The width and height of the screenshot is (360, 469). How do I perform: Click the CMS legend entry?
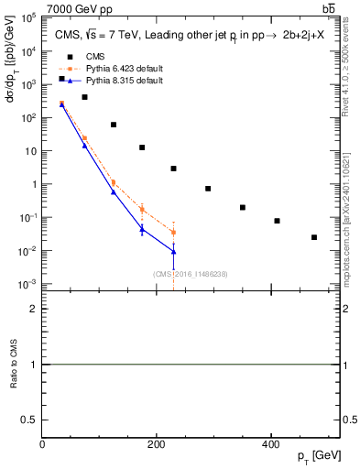tap(83, 56)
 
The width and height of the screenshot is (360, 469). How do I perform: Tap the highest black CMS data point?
tap(61, 79)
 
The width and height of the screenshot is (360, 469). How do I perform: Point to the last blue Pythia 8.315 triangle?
tap(173, 251)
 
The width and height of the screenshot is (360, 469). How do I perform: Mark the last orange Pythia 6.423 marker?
tap(173, 233)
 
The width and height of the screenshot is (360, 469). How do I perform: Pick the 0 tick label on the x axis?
tap(42, 444)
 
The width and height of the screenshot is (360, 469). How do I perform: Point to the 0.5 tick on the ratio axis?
tap(30, 419)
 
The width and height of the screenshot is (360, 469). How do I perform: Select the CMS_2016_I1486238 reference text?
tap(173, 273)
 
